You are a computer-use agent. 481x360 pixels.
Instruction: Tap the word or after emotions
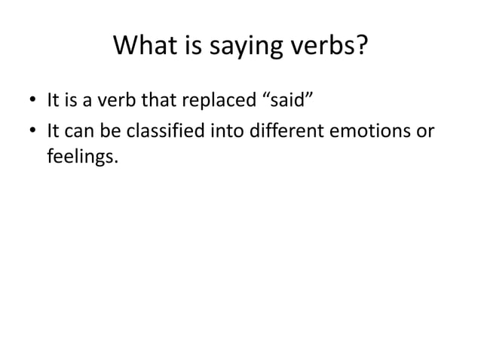pos(426,133)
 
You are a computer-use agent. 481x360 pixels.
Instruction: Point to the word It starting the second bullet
pos(53,133)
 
